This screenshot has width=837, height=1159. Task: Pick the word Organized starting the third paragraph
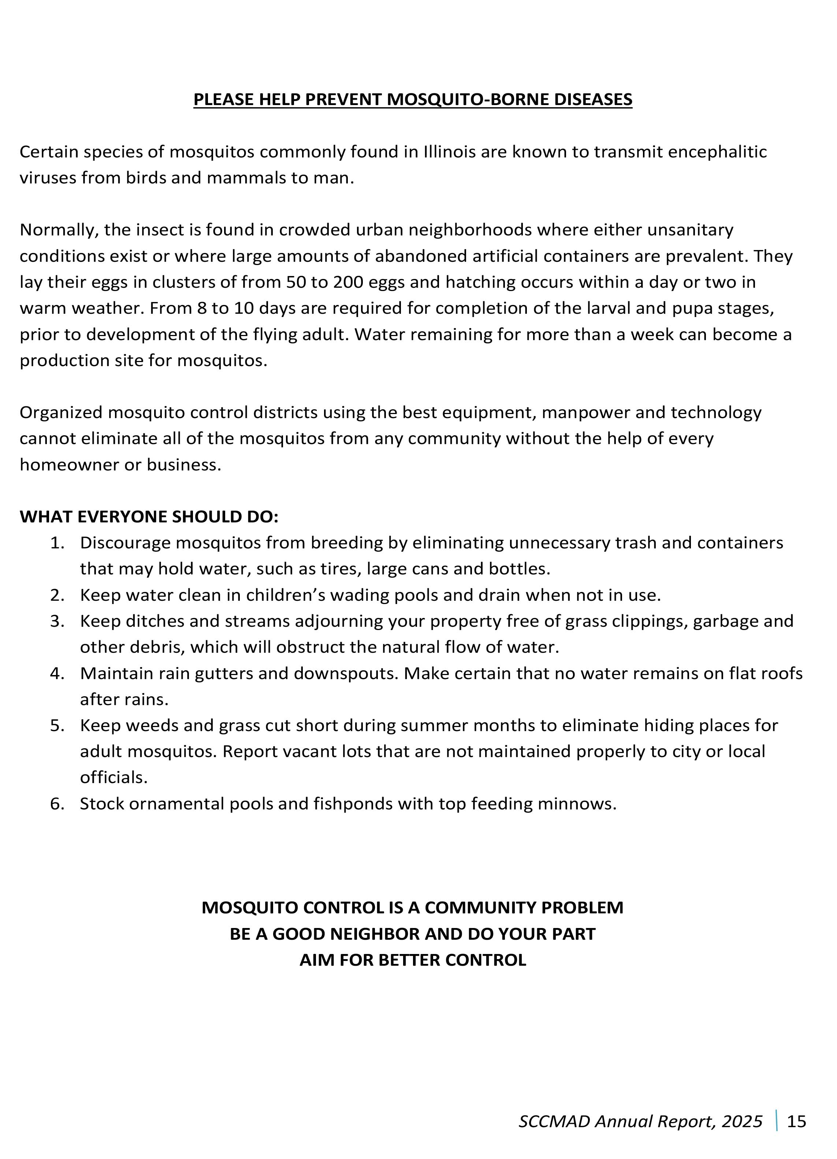click(x=61, y=413)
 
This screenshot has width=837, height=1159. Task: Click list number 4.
click(x=57, y=674)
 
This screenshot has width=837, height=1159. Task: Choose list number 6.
click(x=57, y=804)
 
